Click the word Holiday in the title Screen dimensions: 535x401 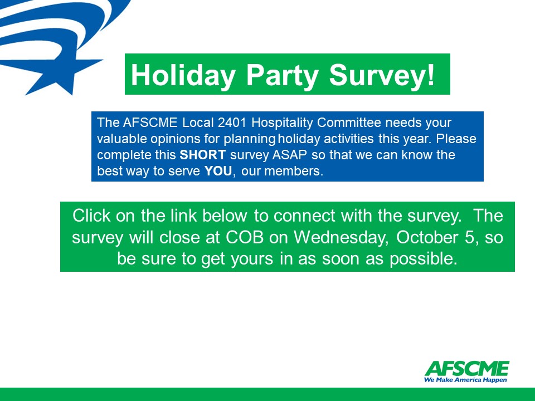(x=183, y=76)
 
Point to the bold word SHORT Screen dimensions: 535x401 (x=203, y=155)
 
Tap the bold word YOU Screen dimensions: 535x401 (x=218, y=171)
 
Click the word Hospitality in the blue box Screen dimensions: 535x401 (x=282, y=123)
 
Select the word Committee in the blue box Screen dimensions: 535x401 (x=349, y=123)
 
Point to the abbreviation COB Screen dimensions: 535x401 (x=245, y=237)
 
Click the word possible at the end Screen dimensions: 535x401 (x=424, y=259)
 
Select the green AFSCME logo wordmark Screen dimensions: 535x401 (x=467, y=368)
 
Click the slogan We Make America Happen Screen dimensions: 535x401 (x=465, y=380)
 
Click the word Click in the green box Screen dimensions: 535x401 (x=91, y=216)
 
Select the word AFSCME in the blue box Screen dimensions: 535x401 (x=150, y=123)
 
